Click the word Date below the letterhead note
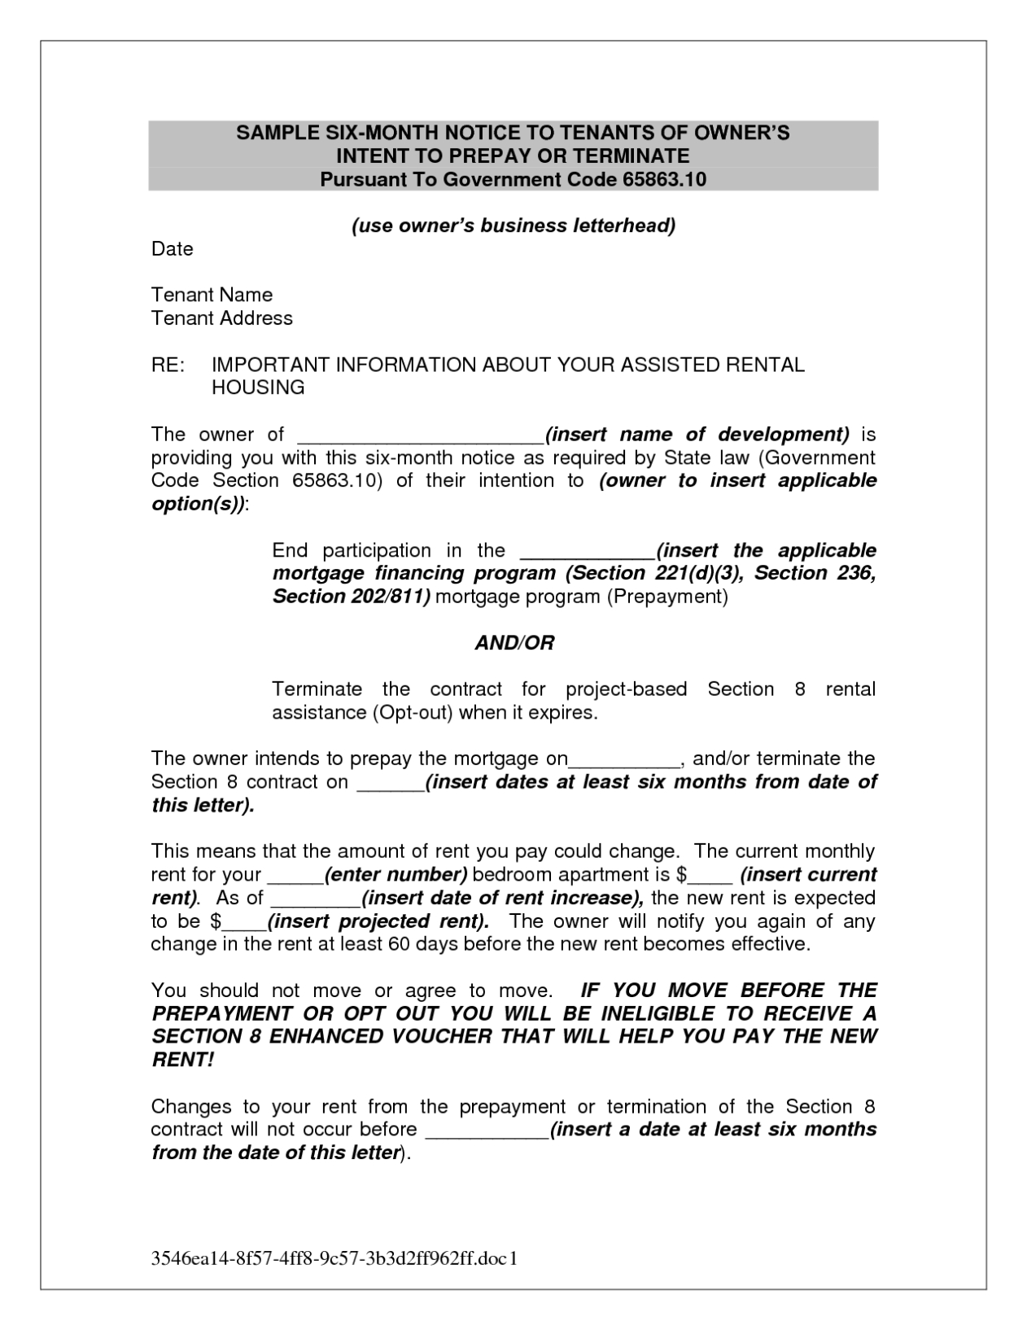coord(173,249)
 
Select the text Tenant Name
coord(212,295)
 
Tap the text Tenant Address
coord(222,318)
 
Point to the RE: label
coord(168,365)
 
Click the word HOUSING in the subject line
coord(258,387)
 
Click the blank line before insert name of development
coord(419,436)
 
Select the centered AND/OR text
coord(513,643)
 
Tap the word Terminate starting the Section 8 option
coord(317,689)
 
